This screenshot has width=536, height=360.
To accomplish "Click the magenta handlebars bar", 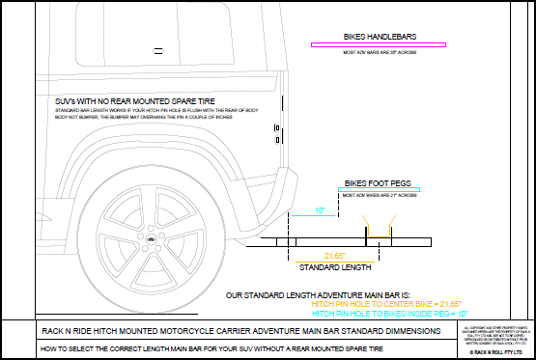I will click(x=378, y=44).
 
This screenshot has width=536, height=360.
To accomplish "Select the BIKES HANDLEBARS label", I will click(x=378, y=37).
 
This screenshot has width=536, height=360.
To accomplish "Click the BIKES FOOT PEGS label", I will click(x=378, y=180).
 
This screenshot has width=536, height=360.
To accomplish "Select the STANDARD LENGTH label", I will click(x=336, y=267).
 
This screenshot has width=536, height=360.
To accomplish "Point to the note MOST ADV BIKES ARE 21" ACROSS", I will click(x=378, y=196).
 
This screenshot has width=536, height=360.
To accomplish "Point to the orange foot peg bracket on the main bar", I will click(x=366, y=232).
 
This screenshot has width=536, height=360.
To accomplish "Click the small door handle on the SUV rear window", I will click(x=275, y=127).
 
